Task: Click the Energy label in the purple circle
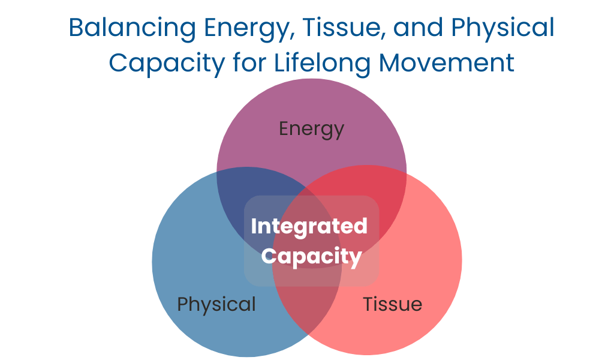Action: [312, 129]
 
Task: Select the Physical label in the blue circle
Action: [216, 304]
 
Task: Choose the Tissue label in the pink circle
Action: [392, 304]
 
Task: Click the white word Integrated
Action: [309, 227]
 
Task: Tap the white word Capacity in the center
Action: [312, 257]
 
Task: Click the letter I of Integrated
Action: [254, 227]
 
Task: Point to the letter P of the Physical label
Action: [183, 304]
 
